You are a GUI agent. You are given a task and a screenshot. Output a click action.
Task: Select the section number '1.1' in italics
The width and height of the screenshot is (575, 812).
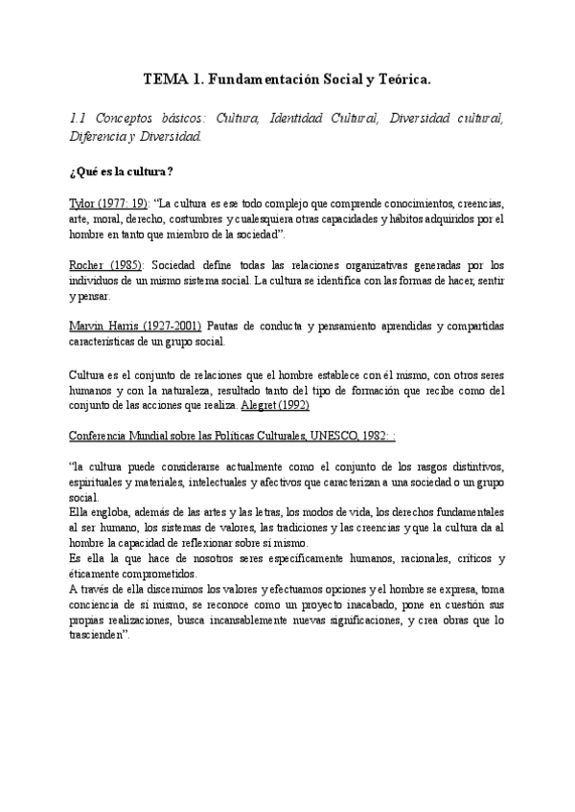(x=80, y=118)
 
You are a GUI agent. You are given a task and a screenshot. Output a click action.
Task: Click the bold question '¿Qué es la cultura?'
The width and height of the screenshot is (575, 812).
(x=121, y=172)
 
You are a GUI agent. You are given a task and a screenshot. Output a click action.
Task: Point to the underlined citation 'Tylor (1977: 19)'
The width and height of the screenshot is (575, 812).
(x=108, y=204)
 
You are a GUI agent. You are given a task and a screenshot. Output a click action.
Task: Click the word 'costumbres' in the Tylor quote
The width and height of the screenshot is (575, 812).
(x=197, y=219)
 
